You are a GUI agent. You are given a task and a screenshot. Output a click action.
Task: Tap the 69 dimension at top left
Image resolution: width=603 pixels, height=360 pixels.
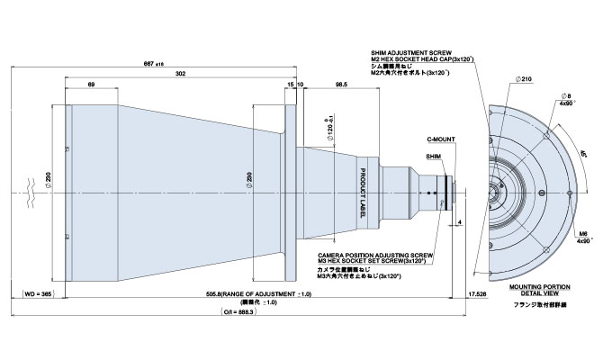tap(93, 84)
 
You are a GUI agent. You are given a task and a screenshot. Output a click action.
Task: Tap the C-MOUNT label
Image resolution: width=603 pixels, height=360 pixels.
tap(440, 141)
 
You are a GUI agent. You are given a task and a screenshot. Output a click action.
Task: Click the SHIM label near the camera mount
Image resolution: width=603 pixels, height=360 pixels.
tap(434, 156)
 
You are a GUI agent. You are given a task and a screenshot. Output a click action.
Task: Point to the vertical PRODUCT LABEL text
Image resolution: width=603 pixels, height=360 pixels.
tap(364, 187)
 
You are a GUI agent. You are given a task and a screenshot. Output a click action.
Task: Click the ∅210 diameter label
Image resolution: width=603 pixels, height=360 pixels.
tap(525, 80)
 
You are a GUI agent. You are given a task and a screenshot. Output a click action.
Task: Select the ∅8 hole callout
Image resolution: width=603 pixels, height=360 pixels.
tap(565, 94)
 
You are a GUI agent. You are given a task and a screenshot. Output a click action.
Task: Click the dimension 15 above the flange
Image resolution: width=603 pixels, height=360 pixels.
tap(289, 84)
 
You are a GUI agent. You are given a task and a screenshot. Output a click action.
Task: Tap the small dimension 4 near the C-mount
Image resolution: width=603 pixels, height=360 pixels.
tap(459, 220)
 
